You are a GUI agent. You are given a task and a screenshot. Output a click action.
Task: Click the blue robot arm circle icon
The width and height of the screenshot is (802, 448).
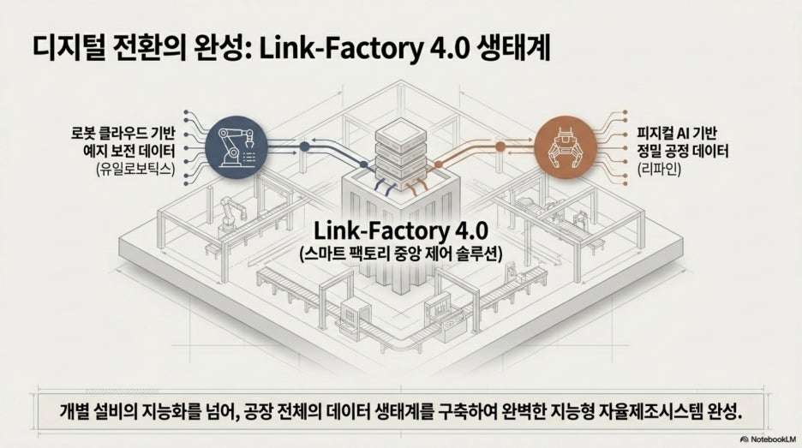236,146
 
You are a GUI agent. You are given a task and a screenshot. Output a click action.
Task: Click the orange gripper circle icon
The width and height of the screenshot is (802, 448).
566,146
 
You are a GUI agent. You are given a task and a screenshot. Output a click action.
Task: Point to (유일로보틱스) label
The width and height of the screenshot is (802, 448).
135,168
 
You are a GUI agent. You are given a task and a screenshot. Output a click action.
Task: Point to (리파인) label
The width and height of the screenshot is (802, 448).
659,168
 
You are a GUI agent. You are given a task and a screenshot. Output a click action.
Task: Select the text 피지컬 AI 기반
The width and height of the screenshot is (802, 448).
676,134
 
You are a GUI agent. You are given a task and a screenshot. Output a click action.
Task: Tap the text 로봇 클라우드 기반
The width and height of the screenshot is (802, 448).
123,134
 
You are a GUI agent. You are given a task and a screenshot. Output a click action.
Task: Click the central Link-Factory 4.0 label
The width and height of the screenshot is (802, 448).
400,230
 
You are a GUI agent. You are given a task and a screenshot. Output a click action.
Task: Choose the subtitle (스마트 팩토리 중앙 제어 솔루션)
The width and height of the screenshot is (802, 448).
400,254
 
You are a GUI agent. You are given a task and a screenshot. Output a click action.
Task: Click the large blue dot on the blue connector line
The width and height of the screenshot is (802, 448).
304,146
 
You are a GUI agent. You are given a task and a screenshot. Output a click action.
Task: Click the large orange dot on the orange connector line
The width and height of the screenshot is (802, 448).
500,146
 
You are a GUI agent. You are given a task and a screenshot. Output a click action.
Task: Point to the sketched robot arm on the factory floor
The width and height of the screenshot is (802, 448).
230,214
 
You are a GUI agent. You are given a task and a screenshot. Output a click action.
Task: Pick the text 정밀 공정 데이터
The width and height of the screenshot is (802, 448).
682,151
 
